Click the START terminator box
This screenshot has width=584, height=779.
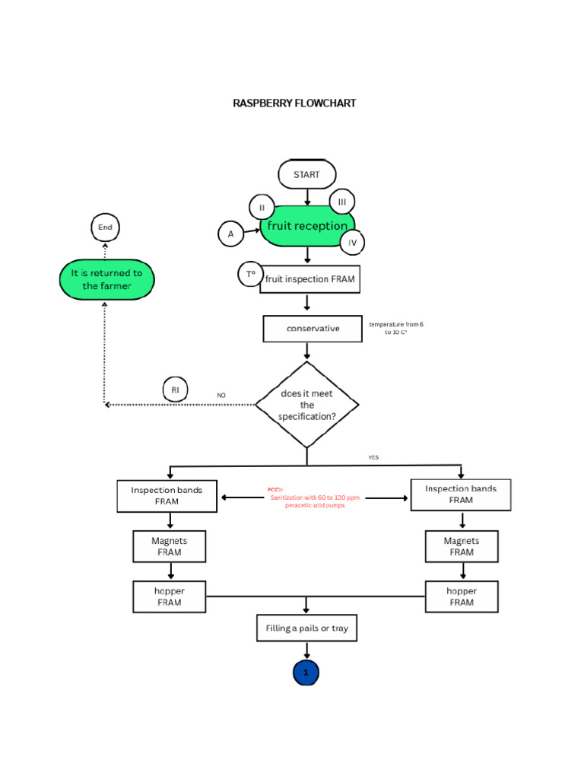pyautogui.click(x=306, y=174)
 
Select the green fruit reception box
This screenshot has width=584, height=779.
pyautogui.click(x=306, y=226)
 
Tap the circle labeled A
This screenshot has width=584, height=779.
pyautogui.click(x=231, y=234)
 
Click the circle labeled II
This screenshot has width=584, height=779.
pyautogui.click(x=262, y=208)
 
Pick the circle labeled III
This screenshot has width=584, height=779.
pyautogui.click(x=342, y=202)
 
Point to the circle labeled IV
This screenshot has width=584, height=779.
pyautogui.click(x=352, y=243)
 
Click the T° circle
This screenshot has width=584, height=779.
pyautogui.click(x=250, y=274)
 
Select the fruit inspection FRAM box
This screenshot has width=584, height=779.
pyautogui.click(x=309, y=279)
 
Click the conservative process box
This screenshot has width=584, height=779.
pyautogui.click(x=313, y=329)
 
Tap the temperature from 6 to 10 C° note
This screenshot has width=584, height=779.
pyautogui.click(x=395, y=328)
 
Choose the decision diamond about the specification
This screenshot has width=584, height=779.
pyautogui.click(x=307, y=405)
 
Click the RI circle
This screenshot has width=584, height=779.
pyautogui.click(x=175, y=390)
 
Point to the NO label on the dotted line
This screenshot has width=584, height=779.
pyautogui.click(x=221, y=396)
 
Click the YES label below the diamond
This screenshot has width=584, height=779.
pyautogui.click(x=373, y=457)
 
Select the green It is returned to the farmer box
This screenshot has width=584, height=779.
pyautogui.click(x=106, y=279)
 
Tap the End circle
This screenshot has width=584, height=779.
pyautogui.click(x=105, y=227)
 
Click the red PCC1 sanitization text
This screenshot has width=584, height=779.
pyautogui.click(x=314, y=498)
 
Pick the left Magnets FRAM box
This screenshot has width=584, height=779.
pyautogui.click(x=170, y=546)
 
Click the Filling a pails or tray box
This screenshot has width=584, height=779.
pyautogui.click(x=306, y=628)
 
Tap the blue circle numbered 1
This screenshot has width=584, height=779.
pyautogui.click(x=306, y=672)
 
